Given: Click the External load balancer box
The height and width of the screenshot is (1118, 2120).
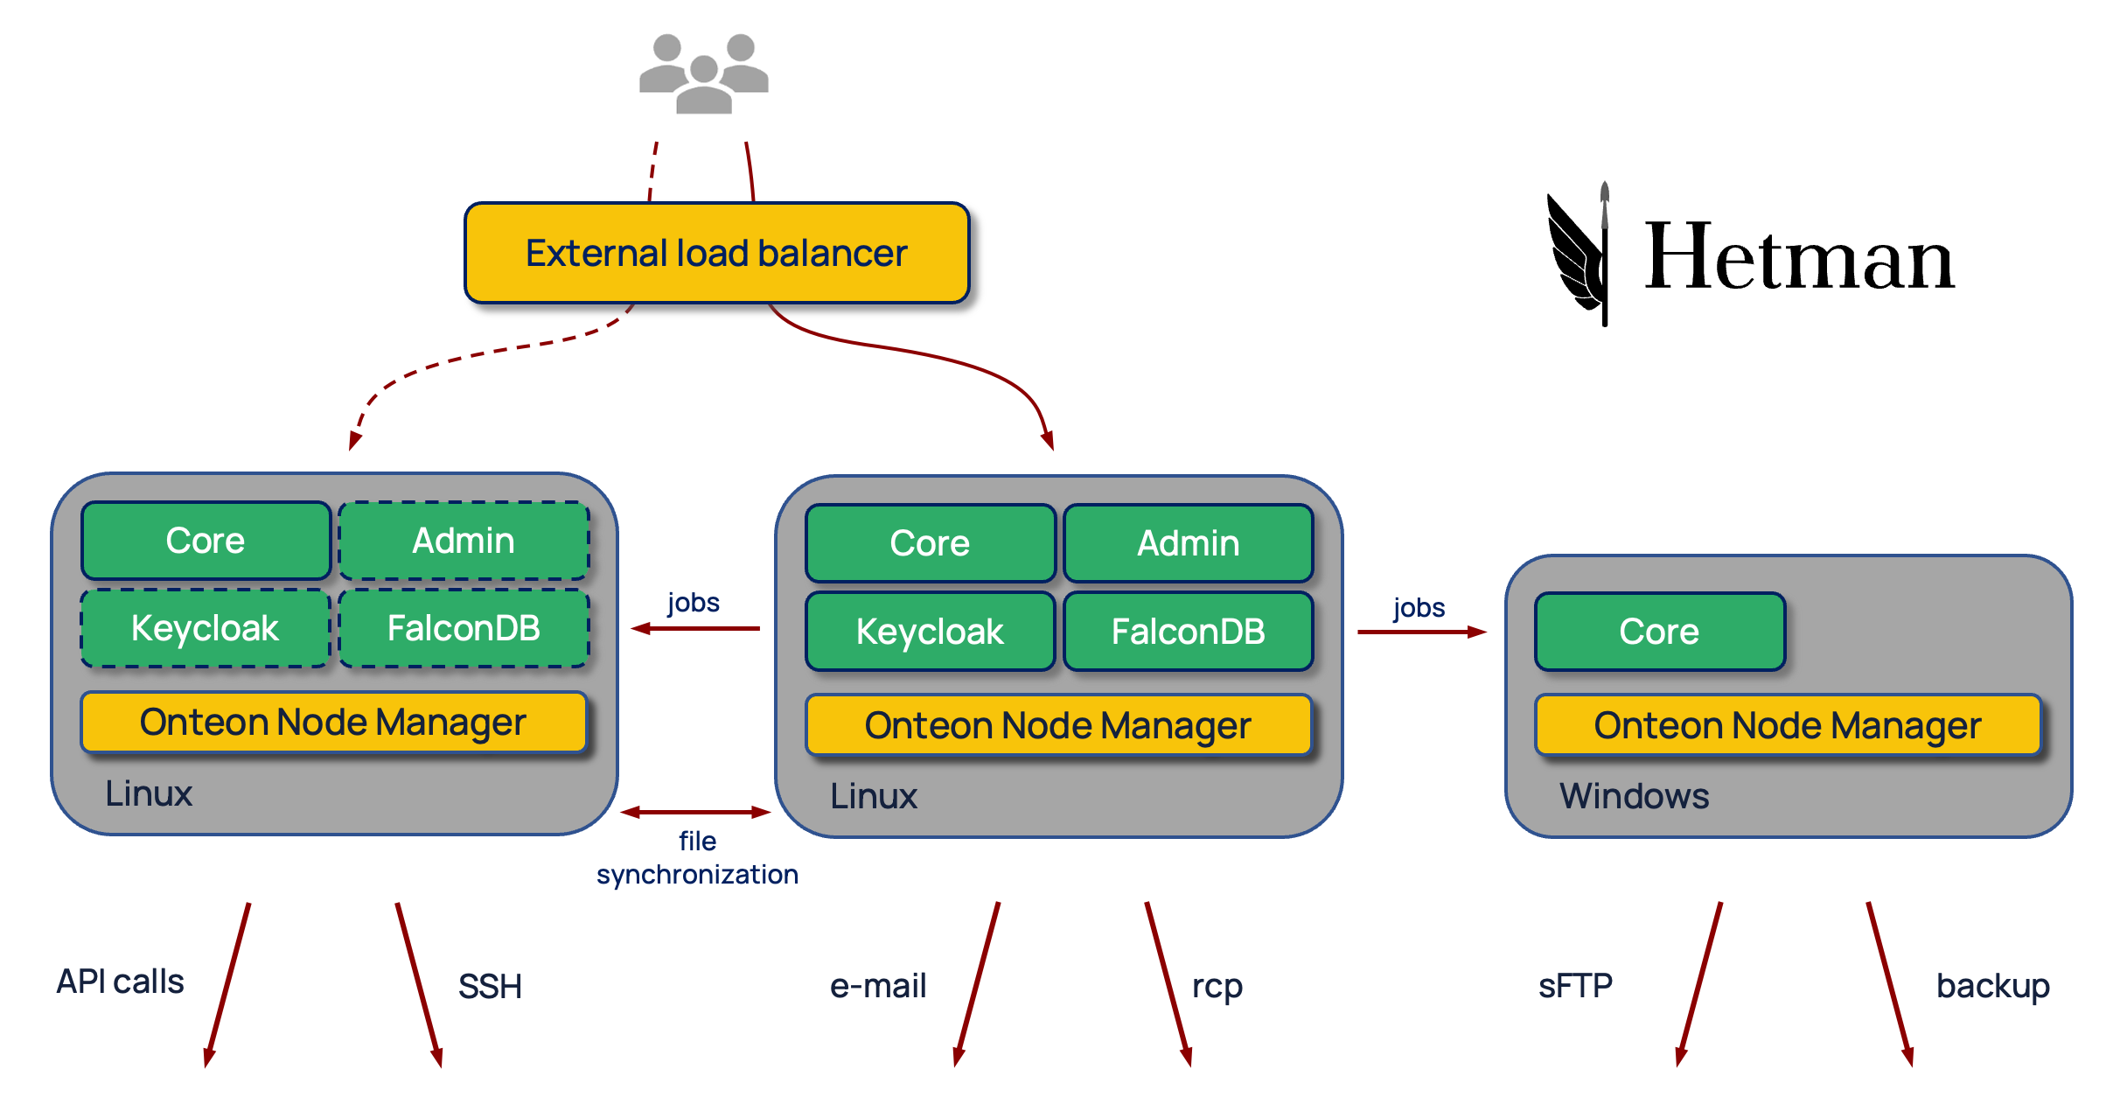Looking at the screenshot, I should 716,253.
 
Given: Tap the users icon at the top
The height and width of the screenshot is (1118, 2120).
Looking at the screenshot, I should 703,73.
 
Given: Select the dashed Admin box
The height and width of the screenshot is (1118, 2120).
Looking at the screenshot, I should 464,541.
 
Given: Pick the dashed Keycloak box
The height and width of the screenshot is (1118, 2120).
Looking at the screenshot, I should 205,628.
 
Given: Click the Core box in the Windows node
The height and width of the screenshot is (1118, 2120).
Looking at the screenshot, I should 1659,632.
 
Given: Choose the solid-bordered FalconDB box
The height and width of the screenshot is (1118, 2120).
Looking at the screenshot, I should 1188,632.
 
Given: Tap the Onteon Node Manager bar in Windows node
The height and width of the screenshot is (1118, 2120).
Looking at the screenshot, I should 1787,725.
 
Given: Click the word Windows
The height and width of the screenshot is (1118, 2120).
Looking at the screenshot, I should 1634,796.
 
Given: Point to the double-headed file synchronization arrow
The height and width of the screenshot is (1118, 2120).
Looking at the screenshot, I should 695,813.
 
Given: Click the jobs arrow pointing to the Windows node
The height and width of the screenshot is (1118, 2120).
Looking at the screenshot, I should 1420,632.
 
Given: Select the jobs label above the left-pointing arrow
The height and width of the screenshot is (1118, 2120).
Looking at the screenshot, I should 694,603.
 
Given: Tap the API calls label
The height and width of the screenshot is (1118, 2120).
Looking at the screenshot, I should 121,982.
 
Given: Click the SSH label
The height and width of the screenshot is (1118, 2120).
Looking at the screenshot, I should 490,987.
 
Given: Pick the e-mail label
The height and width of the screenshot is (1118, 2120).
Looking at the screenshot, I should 877,986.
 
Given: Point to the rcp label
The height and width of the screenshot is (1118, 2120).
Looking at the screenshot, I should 1217,986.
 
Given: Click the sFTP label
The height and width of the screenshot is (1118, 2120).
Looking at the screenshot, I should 1575,986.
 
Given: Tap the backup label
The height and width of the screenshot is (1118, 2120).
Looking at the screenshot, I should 1992,986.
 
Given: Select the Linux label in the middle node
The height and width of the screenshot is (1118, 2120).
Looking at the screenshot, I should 873,796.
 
